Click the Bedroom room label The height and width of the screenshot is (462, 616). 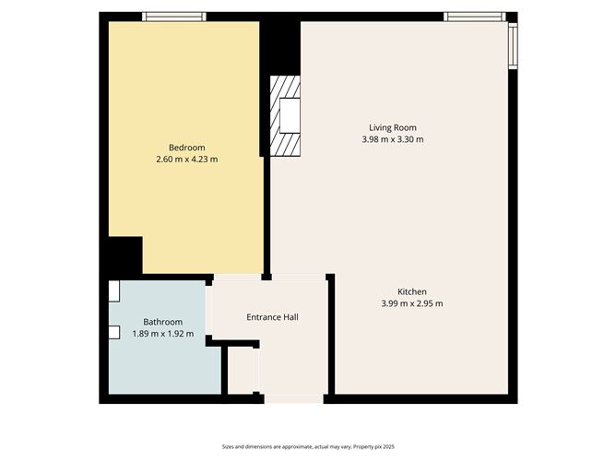point(186,148)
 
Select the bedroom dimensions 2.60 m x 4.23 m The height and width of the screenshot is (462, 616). point(186,160)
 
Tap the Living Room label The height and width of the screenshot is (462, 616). point(393,127)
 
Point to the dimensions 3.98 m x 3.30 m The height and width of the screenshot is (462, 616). point(393,139)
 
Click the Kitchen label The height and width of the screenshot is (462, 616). point(411,291)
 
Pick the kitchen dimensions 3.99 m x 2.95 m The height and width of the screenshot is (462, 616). point(411,303)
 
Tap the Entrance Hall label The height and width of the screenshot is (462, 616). point(272,317)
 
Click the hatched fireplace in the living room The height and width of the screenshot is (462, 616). point(286,116)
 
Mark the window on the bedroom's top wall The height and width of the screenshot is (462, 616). point(173,16)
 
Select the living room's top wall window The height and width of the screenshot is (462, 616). point(474,16)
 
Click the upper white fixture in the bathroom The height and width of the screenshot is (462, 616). point(113,291)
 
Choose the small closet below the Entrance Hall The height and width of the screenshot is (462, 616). point(240,370)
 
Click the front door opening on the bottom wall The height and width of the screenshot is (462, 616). point(290,399)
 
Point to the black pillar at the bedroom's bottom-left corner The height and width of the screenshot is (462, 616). point(124,255)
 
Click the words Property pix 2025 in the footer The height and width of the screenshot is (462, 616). point(368,445)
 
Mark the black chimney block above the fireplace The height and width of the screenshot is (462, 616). point(280,46)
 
